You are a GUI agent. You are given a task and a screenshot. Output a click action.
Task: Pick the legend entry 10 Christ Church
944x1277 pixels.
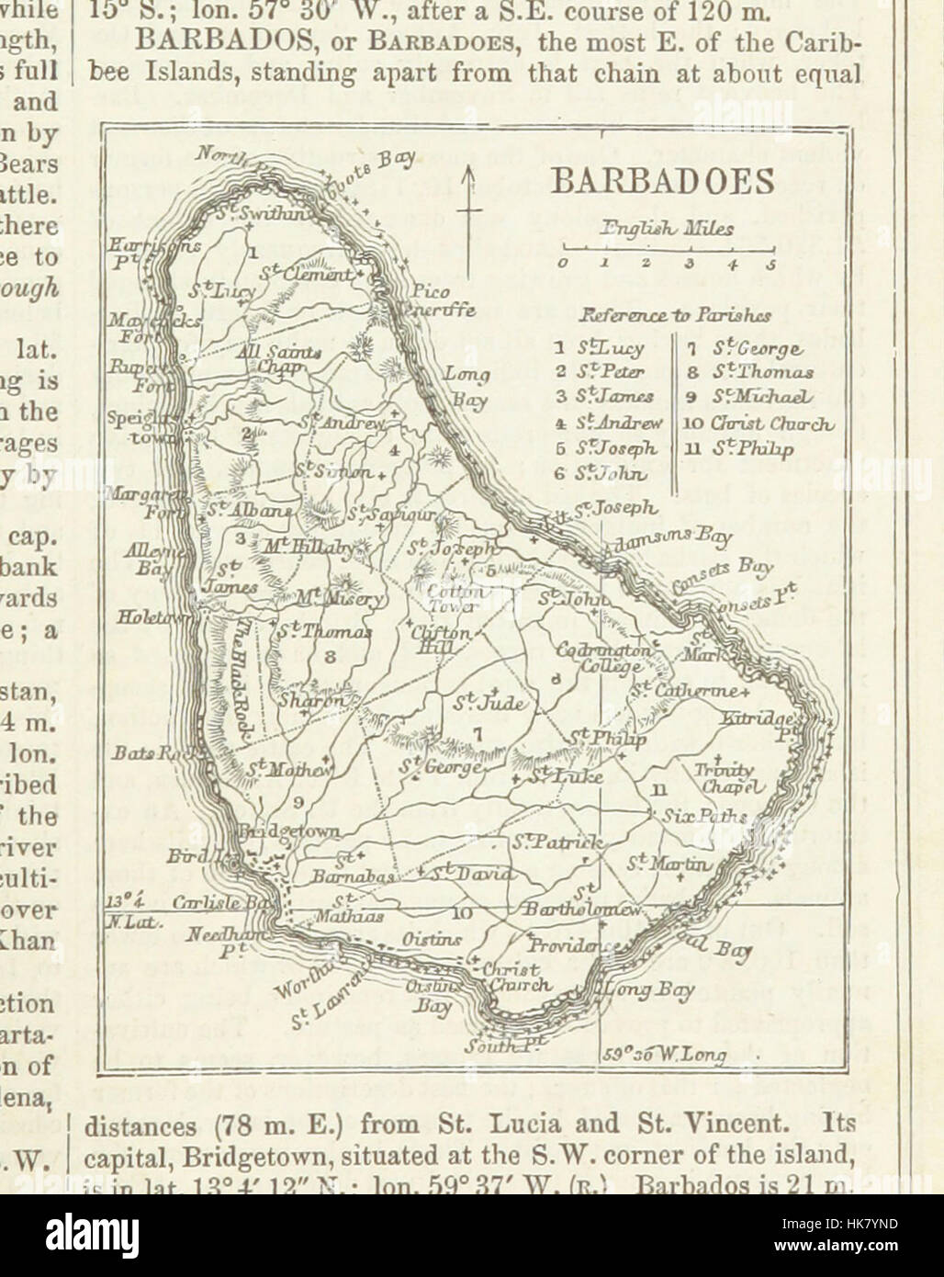tap(758, 424)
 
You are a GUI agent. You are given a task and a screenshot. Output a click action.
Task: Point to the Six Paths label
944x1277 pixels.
tap(698, 815)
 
